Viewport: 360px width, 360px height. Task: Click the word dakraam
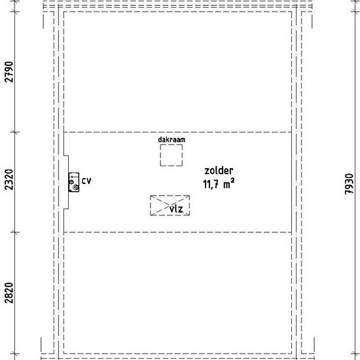coord(171,139)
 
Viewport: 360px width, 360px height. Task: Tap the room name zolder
coord(219,171)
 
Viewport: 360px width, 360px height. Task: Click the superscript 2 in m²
coord(232,181)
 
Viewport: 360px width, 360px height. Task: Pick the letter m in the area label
coord(227,185)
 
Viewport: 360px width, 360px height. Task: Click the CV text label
coord(86,181)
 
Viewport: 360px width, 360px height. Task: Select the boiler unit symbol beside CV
coord(74,183)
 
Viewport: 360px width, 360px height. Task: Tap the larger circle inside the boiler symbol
coord(76,188)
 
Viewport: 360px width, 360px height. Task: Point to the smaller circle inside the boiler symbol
coord(71,182)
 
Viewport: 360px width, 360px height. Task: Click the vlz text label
coord(176,209)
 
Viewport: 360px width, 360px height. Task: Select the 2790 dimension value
coord(9,72)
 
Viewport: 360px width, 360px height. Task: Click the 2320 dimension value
coord(9,179)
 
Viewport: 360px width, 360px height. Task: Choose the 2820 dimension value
coord(9,293)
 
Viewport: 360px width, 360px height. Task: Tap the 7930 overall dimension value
coord(350,184)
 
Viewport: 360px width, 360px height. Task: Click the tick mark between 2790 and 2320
coord(15,132)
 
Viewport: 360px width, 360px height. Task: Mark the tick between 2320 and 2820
coord(15,232)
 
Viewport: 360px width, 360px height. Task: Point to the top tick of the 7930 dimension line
coord(355,11)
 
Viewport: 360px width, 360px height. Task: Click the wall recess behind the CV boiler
coord(66,183)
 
